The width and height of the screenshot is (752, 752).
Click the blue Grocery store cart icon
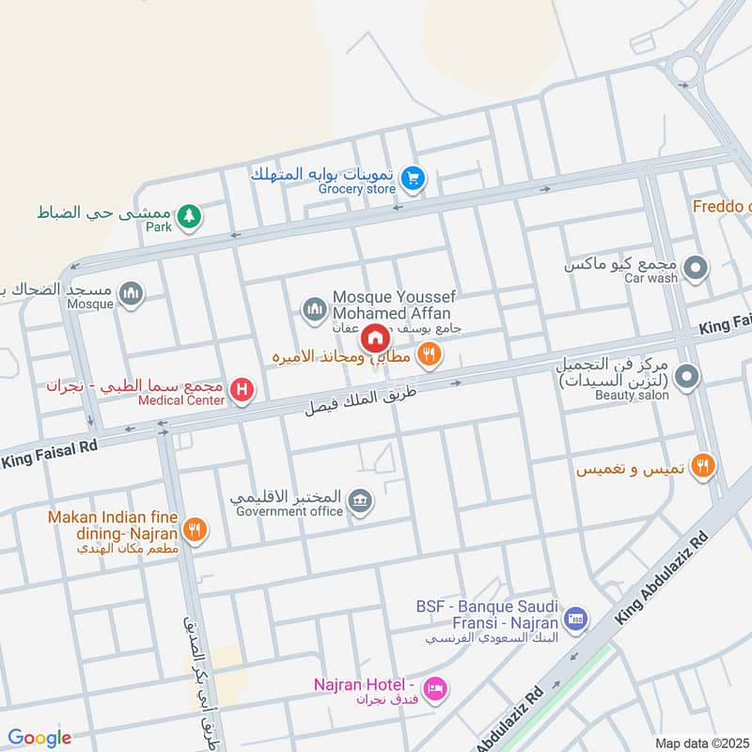(412, 177)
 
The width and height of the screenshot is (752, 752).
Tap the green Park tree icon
(190, 216)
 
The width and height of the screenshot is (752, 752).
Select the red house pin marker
(375, 337)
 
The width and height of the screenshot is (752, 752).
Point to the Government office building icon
(359, 502)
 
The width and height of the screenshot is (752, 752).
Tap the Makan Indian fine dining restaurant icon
(195, 530)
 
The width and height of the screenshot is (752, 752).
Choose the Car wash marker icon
(696, 269)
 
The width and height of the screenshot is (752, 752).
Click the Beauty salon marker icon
(687, 378)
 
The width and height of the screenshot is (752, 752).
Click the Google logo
(39, 738)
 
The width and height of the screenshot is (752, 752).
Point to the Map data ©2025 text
(702, 743)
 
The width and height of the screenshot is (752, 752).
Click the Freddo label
(722, 206)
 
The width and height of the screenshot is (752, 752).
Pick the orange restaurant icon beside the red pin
(431, 354)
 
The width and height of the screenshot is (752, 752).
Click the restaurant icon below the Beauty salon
(702, 465)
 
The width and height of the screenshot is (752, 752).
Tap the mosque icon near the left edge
(132, 295)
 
